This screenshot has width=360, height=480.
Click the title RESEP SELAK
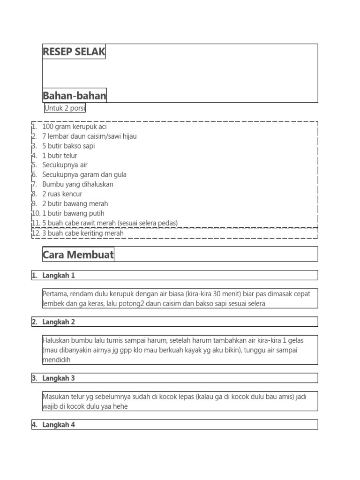[74, 52]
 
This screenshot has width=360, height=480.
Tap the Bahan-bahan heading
[75, 96]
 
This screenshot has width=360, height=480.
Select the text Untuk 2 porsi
[65, 108]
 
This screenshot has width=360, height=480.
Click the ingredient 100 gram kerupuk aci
[77, 127]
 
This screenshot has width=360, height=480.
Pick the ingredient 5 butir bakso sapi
[68, 146]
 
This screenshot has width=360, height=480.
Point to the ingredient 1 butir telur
[60, 156]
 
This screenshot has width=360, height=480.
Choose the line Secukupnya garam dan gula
[84, 174]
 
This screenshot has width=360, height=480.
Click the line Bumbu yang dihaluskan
[78, 184]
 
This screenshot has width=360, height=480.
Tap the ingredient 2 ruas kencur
[62, 194]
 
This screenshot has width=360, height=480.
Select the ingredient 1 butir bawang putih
[73, 213]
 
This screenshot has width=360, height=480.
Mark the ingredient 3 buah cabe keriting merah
[83, 233]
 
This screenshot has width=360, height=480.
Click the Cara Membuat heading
[78, 255]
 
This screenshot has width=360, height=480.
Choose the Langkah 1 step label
[59, 275]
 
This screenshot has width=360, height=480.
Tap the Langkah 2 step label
[59, 322]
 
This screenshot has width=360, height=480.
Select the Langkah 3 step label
[59, 378]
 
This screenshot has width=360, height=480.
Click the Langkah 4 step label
[59, 425]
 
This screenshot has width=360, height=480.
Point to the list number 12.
[36, 233]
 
